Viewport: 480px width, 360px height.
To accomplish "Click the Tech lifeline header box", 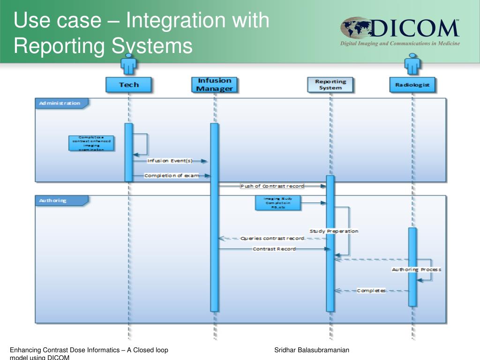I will coord(129,85).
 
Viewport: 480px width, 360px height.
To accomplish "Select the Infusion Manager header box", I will coord(215,85).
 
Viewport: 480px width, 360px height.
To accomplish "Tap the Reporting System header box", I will coord(331,84).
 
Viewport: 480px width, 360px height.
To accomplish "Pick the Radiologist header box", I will coord(412,85).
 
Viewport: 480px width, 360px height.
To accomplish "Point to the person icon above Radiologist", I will coord(412,64).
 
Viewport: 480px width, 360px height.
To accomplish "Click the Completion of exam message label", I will coord(172,176).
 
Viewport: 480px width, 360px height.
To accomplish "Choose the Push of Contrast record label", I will coord(272,186).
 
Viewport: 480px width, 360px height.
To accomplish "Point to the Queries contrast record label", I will coord(272,238).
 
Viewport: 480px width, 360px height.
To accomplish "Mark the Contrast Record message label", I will coord(274,249).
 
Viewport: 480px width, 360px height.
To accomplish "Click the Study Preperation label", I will coord(334,231).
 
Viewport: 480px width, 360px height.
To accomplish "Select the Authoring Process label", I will coord(416,270).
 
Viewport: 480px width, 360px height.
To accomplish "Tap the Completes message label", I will coord(371,291).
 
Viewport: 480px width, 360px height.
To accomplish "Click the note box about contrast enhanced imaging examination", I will coord(92,143).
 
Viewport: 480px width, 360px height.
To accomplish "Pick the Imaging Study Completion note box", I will coord(278,203).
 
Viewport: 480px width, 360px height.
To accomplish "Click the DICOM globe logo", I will coord(355,28).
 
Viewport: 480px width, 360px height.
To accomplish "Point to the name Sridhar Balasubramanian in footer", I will coord(312,350).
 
